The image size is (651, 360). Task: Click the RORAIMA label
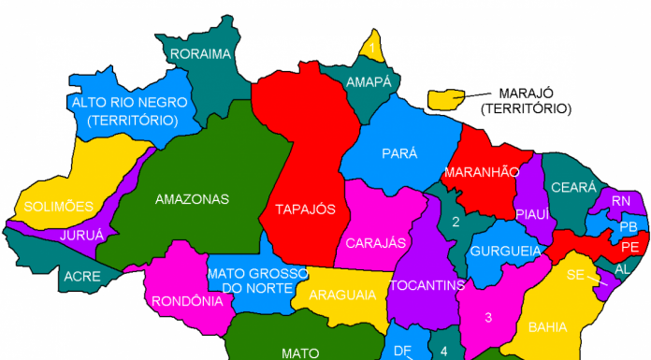point(201,53)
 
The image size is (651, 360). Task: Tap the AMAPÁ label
point(369,82)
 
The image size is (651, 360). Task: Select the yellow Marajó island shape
point(448,97)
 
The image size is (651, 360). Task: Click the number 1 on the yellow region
point(372,47)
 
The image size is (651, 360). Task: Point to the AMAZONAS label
point(192,199)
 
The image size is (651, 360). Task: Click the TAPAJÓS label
point(305,209)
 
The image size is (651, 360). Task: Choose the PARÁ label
point(399,153)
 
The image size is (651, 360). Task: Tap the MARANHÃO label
point(481,172)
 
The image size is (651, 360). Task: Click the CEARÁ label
point(573,188)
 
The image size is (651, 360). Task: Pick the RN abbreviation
point(621,201)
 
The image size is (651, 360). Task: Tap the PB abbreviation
point(629,226)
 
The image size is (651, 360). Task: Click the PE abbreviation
point(629,247)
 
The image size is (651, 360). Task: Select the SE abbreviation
point(575,275)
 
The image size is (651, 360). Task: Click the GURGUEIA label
point(506,252)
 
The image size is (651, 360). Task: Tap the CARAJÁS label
point(376,243)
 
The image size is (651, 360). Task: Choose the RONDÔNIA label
point(187,301)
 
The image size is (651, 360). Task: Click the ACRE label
point(82,276)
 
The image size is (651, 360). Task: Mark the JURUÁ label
point(82,236)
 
